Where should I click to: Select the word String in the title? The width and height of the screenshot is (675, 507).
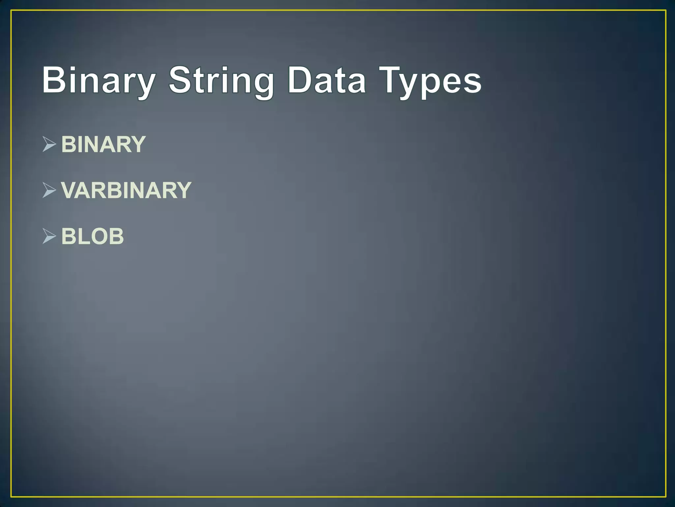click(x=221, y=81)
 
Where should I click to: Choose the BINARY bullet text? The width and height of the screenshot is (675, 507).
click(x=103, y=145)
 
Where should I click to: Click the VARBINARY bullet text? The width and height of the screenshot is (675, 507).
click(x=126, y=190)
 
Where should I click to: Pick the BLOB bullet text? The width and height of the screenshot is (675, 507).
click(x=93, y=236)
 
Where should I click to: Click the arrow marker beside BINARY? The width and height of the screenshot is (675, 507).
click(x=49, y=144)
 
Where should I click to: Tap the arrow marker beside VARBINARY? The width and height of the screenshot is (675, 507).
click(x=49, y=190)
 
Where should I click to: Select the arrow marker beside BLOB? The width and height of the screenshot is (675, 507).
click(x=49, y=236)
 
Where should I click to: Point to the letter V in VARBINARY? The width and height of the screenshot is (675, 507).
click(x=69, y=190)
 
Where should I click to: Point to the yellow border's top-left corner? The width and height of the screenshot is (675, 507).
click(x=11, y=11)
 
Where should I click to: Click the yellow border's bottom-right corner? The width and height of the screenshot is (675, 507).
click(x=666, y=496)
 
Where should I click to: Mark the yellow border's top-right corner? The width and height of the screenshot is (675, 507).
click(x=666, y=11)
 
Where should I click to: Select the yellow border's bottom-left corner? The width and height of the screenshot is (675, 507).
click(x=11, y=496)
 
